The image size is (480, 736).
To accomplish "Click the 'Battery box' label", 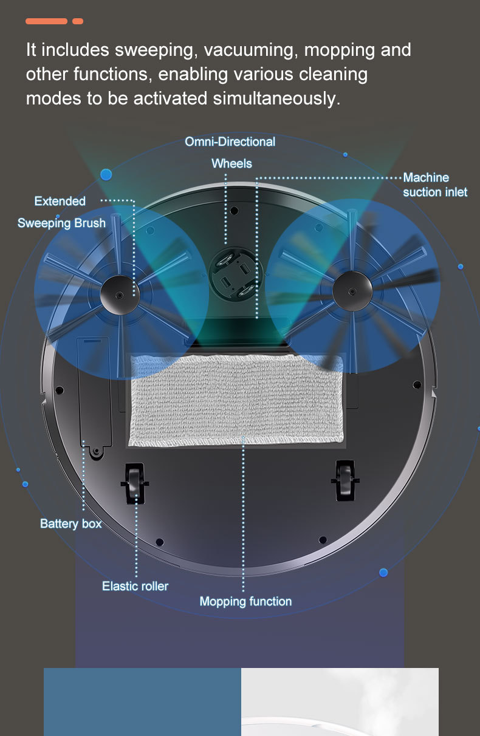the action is pyautogui.click(x=70, y=523).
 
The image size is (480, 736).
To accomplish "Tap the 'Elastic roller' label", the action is pyautogui.click(x=135, y=586).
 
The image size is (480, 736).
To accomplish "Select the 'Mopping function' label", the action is pyautogui.click(x=245, y=601).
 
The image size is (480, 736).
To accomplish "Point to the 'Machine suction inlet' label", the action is pyautogui.click(x=435, y=185).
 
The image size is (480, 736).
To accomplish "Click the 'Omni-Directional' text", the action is pyautogui.click(x=230, y=141).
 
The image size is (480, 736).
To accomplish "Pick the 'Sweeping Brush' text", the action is pyautogui.click(x=61, y=223).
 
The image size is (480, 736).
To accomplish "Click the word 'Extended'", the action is pyautogui.click(x=60, y=201).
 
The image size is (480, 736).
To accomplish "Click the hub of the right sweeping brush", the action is pyautogui.click(x=352, y=291).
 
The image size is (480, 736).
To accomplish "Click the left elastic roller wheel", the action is pyautogui.click(x=135, y=483).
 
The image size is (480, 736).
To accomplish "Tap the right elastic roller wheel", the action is pyautogui.click(x=345, y=480).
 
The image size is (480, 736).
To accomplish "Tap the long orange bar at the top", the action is pyautogui.click(x=46, y=21).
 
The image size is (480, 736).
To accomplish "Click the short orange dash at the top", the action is pyautogui.click(x=78, y=21).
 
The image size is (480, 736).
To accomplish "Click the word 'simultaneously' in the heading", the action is pyautogui.click(x=276, y=98).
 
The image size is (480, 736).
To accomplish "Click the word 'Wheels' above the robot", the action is pyautogui.click(x=231, y=163).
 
